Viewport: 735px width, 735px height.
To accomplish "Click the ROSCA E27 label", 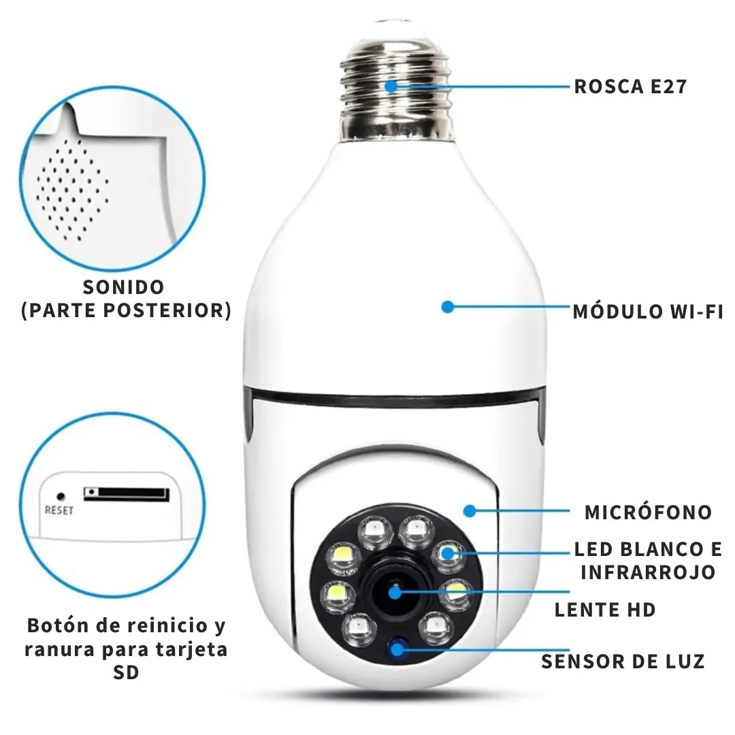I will pos(630,87).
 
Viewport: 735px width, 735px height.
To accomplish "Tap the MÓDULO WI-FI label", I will pos(647,312).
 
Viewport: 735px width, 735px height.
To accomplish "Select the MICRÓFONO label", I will pos(648,512).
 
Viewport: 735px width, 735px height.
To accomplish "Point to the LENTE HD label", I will pos(605,610).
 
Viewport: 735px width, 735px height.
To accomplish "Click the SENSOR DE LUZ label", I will pos(623,661).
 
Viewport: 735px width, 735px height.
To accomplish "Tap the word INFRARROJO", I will pos(648,572).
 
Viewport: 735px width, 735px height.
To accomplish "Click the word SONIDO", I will pos(123,287).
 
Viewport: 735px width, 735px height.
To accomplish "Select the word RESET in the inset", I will pos(59,510).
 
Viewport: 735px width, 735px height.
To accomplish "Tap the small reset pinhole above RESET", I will pos(61,497).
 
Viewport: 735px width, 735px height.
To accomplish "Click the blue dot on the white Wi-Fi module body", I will pos(447,307).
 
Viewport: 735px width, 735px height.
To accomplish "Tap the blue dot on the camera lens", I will pos(395,593).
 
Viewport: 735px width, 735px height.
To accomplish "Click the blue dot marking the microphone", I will pos(469,510).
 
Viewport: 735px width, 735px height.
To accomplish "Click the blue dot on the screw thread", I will pos(391,86).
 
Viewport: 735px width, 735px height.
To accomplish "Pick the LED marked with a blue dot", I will pos(447,553).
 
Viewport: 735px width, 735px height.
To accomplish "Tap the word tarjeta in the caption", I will pos(190,649).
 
